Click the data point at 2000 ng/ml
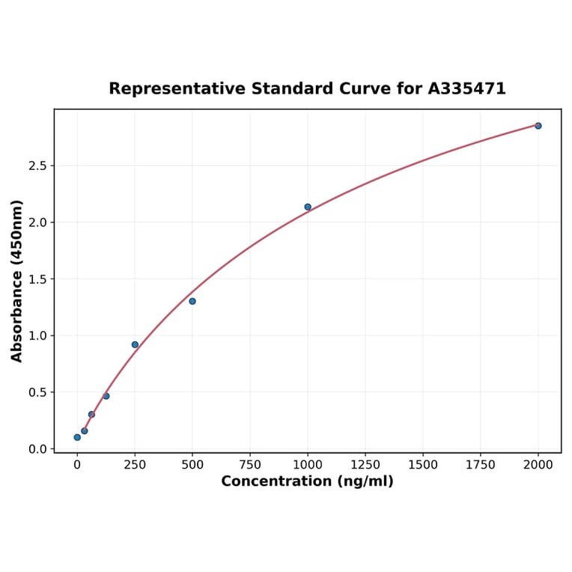(x=538, y=126)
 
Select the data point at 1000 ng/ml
(x=308, y=207)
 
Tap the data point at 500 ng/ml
(x=192, y=301)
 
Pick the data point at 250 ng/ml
(x=135, y=344)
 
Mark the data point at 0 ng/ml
(x=77, y=437)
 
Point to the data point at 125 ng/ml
(x=106, y=396)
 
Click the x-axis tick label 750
(x=250, y=465)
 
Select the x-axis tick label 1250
(x=365, y=465)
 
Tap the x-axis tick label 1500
(x=423, y=465)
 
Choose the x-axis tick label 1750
(x=481, y=465)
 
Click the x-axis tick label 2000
(x=538, y=465)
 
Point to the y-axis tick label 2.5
(x=37, y=165)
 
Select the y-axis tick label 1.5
(x=37, y=279)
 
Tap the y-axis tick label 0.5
(x=37, y=392)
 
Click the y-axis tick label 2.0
(x=37, y=222)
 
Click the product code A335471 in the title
(x=466, y=88)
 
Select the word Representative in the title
(x=177, y=88)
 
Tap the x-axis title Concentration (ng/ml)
(x=307, y=481)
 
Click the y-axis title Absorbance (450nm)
(x=17, y=281)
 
